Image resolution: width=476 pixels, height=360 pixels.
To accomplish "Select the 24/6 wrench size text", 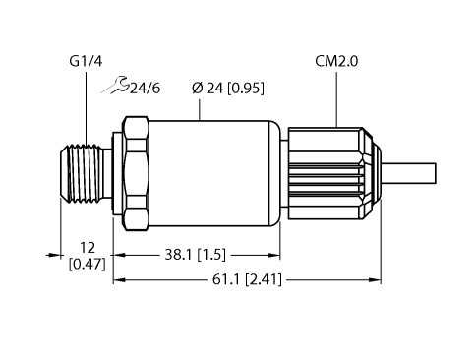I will pos(145,90).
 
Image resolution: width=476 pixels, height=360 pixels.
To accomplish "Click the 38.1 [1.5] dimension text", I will pos(195,254).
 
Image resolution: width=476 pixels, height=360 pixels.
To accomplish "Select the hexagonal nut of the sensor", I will pos(135,166).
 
